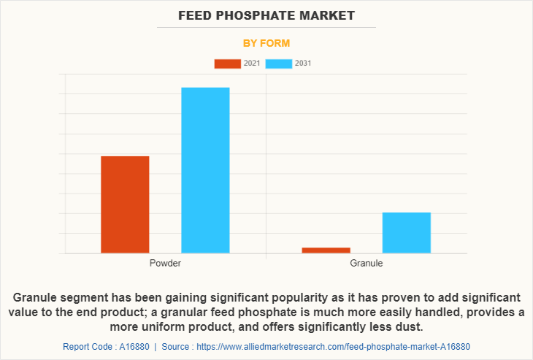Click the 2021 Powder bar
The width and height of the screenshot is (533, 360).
pos(125,204)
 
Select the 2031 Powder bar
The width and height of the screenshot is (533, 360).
pos(205,170)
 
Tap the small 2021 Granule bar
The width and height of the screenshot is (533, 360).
pos(326,250)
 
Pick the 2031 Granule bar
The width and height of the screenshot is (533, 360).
pos(406,233)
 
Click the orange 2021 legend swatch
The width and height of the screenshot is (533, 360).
pos(227,64)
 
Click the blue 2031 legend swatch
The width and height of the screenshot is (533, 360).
pos(278,64)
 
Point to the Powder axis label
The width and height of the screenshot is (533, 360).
pos(165,263)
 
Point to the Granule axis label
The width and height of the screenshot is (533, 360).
pos(366,263)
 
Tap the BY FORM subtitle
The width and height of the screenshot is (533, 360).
pos(266,43)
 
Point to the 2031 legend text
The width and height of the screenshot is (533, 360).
pos(303,64)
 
